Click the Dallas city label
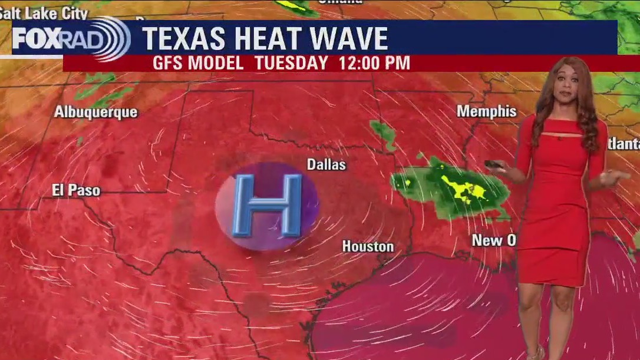pos(326,165)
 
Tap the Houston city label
pos(368,246)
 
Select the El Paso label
pos(76,190)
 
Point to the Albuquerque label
pos(95,112)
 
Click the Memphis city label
pos(486,111)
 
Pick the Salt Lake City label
pos(44,13)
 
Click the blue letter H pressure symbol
pos(267,206)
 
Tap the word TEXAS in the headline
pos(184,39)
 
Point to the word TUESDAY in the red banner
pos(292,63)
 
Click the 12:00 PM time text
pos(374,63)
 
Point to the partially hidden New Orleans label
pos(494,240)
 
